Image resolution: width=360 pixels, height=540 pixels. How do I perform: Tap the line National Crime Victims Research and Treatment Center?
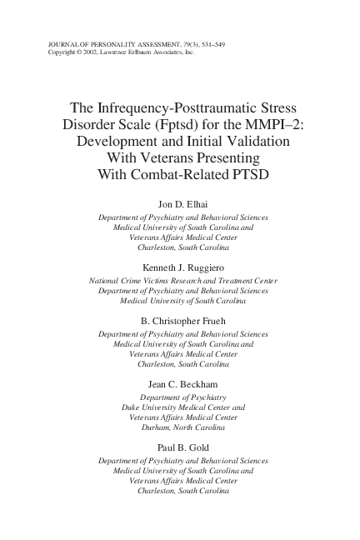(183, 281)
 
